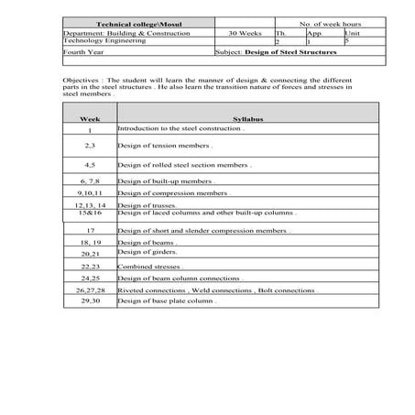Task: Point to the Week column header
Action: tap(90, 119)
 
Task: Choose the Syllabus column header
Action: tap(247, 119)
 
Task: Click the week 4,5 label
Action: tap(90, 164)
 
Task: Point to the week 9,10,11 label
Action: tap(90, 193)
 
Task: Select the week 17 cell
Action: tap(90, 231)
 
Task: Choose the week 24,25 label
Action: tap(90, 278)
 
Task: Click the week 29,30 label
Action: tap(90, 300)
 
